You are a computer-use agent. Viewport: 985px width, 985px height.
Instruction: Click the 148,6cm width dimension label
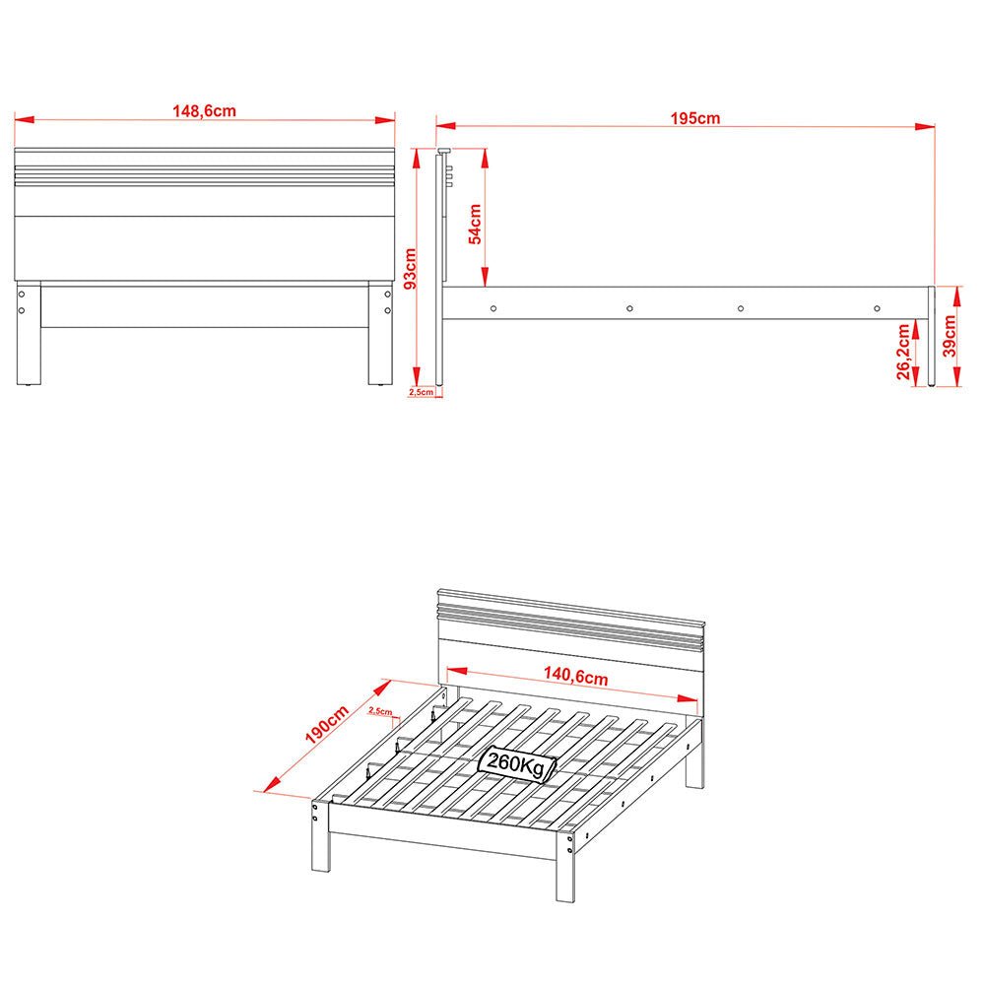pyautogui.click(x=204, y=111)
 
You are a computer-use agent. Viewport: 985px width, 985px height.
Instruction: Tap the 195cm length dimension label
pyautogui.click(x=695, y=118)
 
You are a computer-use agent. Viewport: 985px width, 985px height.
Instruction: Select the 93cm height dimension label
pyautogui.click(x=411, y=268)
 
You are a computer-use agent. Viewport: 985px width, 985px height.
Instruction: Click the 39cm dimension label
pyautogui.click(x=950, y=336)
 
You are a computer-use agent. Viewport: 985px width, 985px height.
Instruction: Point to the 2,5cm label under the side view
pyautogui.click(x=421, y=392)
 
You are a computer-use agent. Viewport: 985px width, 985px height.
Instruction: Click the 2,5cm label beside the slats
pyautogui.click(x=379, y=710)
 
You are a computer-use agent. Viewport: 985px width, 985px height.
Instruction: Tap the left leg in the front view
pyautogui.click(x=29, y=334)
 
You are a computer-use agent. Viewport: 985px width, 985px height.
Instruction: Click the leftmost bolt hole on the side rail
pyautogui.click(x=493, y=308)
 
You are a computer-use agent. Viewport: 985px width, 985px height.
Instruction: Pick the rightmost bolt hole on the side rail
pyautogui.click(x=877, y=308)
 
